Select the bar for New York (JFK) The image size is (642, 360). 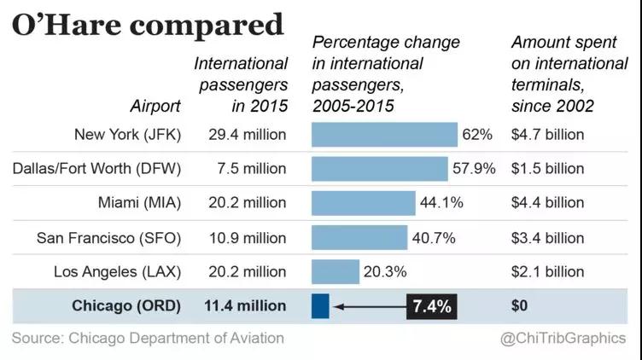pos(384,135)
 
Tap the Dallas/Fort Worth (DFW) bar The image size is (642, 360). pos(379,169)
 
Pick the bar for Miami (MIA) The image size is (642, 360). pos(363,203)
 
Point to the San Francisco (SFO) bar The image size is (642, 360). pos(359,237)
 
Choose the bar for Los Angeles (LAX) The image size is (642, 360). pos(336,272)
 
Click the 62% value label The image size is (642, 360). pos(478,135)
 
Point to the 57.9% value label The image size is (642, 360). pos(474,169)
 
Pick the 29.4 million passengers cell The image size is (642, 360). pos(247,135)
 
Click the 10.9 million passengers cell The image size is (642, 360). pos(247,237)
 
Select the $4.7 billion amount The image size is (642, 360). pos(547,135)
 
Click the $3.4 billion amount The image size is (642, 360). pos(547,237)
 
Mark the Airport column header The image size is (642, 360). pos(155,107)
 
